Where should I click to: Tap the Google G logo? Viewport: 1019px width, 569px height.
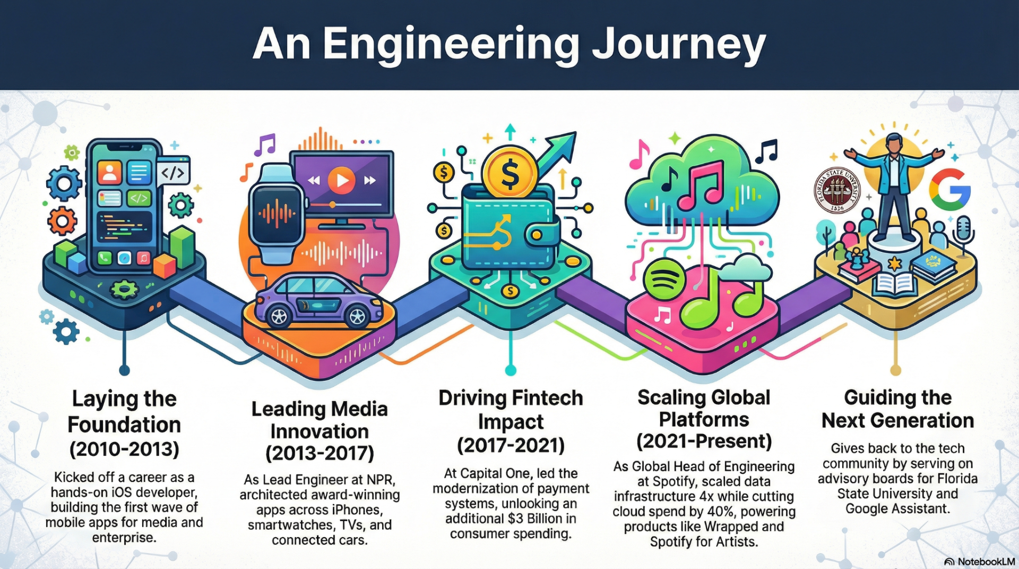coord(949,190)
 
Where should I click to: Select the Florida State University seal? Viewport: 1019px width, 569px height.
coord(837,191)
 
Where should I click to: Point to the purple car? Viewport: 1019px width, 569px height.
coord(318,300)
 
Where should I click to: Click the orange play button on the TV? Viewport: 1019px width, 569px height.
coord(341,181)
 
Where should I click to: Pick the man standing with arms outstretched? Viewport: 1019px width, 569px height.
coord(895,181)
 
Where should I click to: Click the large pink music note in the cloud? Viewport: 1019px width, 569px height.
coord(701,186)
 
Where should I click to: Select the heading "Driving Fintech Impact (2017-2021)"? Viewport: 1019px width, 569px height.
coord(511,421)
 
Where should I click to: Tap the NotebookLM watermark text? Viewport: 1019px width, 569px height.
coord(986,562)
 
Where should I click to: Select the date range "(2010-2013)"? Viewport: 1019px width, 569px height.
coord(124,449)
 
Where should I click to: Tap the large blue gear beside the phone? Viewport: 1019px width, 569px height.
coord(64,183)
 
